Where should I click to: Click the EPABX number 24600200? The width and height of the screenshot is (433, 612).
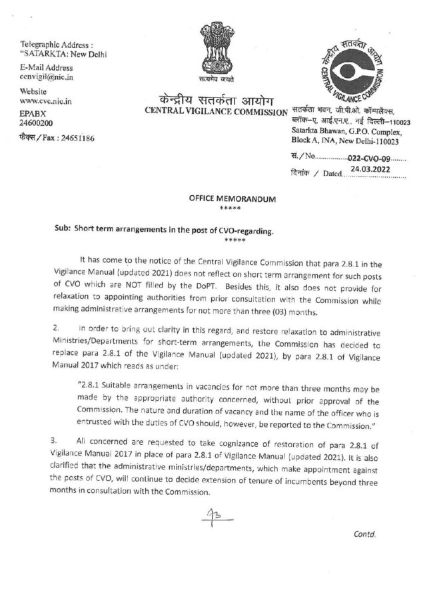tap(37, 123)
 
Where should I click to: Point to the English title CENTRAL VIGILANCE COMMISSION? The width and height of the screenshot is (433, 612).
tap(215, 112)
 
